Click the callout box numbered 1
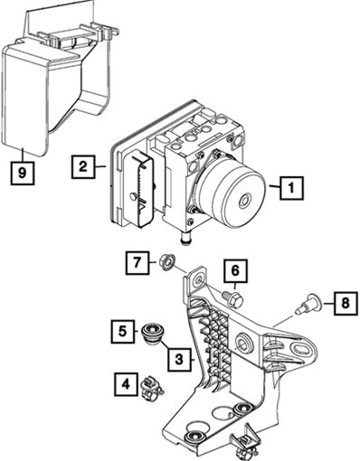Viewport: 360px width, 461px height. (x=291, y=188)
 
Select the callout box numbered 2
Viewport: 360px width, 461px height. (x=83, y=166)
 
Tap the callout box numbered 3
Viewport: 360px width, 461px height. (x=179, y=360)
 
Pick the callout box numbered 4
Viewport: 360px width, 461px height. (x=126, y=383)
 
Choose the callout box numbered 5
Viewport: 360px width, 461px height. (x=122, y=332)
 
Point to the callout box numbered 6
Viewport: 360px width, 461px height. (x=235, y=270)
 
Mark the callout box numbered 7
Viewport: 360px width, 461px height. (x=137, y=262)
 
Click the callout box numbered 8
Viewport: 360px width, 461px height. (x=346, y=303)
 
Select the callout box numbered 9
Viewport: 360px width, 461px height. (x=22, y=173)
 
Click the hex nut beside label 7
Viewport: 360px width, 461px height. (x=166, y=261)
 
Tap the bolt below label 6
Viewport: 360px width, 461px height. (x=232, y=298)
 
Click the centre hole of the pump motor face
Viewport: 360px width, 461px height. (x=244, y=200)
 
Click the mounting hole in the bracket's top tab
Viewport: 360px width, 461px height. (x=199, y=282)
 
